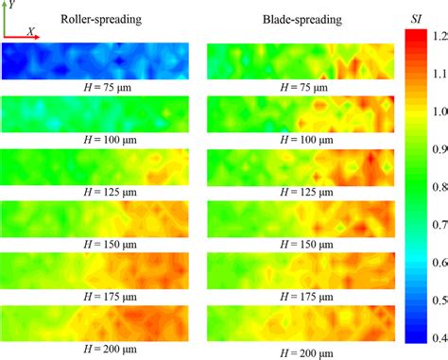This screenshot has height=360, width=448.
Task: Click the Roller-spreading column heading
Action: [101, 20]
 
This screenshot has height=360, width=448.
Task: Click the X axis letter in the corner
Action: [32, 30]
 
